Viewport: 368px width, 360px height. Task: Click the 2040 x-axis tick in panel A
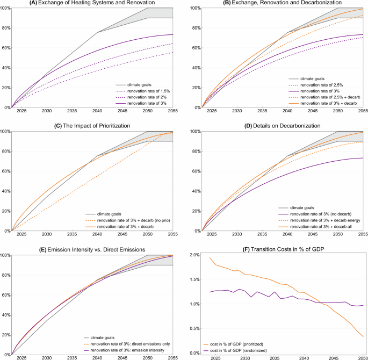96,112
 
